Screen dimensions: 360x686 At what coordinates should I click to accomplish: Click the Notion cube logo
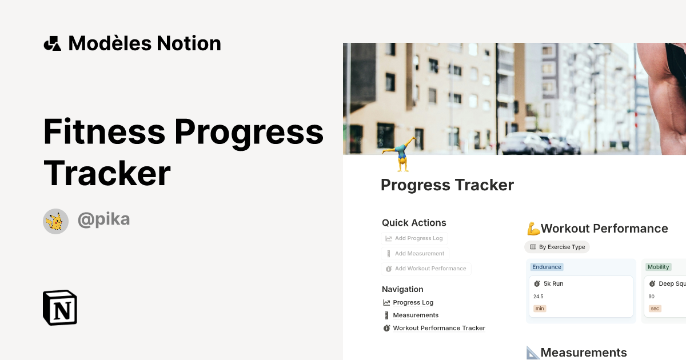[60, 307]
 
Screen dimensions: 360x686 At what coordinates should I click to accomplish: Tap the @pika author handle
[103, 219]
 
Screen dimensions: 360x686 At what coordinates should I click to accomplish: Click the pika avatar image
[55, 221]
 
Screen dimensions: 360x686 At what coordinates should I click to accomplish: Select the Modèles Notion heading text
[145, 43]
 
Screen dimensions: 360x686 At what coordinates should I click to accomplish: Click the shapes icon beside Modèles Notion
[53, 43]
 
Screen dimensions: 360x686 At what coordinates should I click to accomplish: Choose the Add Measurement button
[415, 254]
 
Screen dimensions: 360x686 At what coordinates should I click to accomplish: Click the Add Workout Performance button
[426, 269]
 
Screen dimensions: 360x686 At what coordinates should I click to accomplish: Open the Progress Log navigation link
[413, 303]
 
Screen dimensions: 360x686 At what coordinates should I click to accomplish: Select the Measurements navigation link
[416, 315]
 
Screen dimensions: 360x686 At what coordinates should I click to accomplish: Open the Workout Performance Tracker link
[438, 328]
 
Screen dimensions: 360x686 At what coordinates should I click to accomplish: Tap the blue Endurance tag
[547, 267]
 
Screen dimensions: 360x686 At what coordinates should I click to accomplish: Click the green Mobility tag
[658, 267]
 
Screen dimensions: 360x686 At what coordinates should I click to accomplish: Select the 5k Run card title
[553, 283]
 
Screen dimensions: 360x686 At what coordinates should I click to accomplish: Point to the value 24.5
[539, 297]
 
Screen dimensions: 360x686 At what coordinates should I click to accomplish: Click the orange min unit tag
[540, 309]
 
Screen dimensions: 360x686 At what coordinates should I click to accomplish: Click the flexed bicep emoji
[533, 229]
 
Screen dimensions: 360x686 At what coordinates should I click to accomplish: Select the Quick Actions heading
[414, 223]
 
